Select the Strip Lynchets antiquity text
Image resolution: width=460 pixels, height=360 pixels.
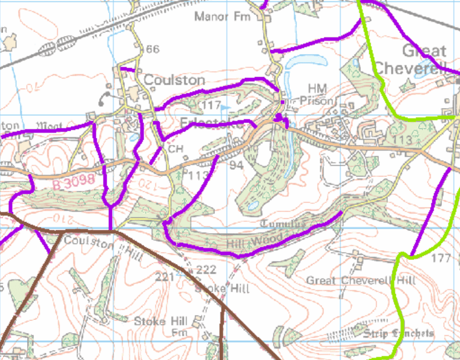[398, 333]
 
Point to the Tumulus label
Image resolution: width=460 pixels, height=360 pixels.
[283, 224]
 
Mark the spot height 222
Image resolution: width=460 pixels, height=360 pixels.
[206, 270]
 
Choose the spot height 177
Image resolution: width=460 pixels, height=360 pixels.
[441, 258]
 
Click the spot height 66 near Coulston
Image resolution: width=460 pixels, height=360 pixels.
[153, 49]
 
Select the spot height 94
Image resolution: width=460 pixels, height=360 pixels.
[235, 165]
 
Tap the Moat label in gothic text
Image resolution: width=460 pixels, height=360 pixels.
[50, 126]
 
